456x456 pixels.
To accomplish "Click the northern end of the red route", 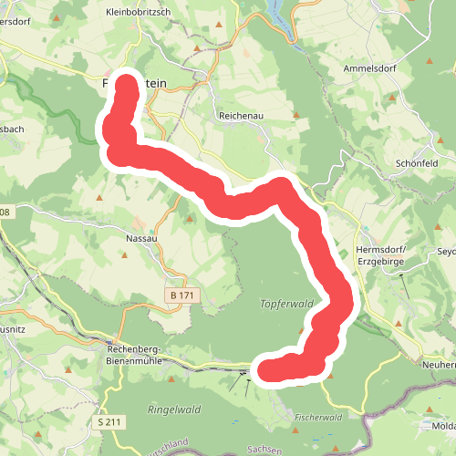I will [x=127, y=85].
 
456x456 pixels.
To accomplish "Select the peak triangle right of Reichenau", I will [x=295, y=115].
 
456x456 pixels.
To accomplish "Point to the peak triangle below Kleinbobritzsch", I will [x=197, y=46].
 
